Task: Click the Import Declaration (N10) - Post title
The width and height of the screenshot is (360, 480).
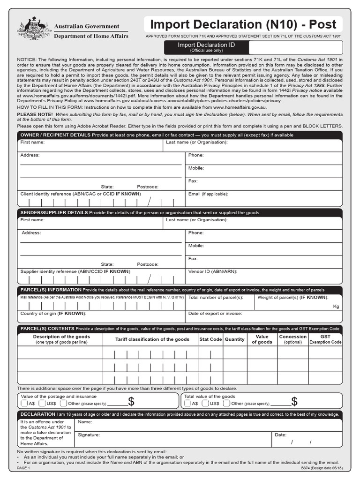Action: tap(243, 24)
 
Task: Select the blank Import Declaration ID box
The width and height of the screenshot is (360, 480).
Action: tap(295, 47)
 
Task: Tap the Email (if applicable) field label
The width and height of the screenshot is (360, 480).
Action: tap(208, 194)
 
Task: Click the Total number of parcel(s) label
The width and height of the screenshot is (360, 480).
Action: tap(216, 298)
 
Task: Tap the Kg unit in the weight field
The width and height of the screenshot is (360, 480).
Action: tap(336, 307)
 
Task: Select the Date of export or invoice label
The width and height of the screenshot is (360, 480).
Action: tap(215, 314)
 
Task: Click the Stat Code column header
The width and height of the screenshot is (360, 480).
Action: tap(210, 339)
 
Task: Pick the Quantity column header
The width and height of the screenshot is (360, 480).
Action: tap(234, 339)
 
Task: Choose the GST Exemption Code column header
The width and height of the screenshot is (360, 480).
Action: tap(325, 339)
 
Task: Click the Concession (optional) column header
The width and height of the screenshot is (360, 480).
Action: tap(293, 339)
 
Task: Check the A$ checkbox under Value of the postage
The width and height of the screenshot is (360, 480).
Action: tap(24, 403)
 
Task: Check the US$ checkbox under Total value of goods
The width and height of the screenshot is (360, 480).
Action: tap(204, 403)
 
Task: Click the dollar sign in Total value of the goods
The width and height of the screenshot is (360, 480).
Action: tap(294, 401)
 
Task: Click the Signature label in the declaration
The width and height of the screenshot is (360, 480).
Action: tap(89, 435)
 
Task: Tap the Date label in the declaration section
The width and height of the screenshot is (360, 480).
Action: tap(280, 435)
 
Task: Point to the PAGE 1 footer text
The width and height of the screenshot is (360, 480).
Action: tap(23, 468)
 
